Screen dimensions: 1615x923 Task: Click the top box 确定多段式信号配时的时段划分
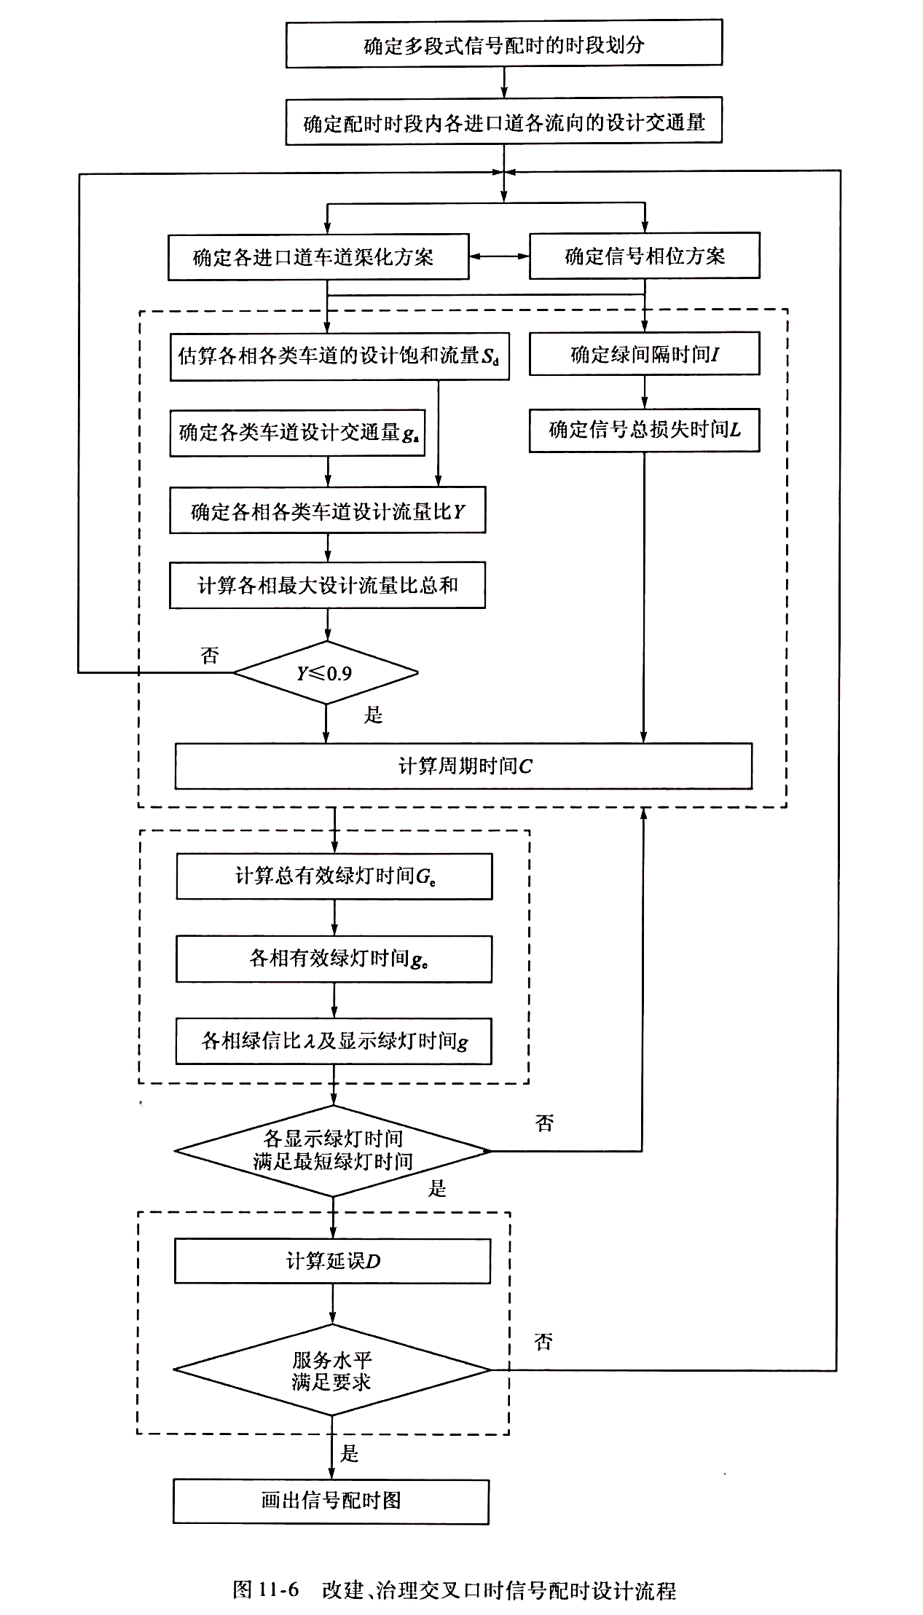503,45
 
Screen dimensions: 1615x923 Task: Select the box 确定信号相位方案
644,256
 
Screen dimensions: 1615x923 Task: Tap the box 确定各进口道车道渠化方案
318,257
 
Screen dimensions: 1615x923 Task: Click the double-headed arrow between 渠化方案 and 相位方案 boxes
499,256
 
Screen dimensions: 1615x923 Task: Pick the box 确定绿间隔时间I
644,355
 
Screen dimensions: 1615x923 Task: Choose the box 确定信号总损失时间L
644,430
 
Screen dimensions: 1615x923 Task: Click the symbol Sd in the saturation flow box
490,357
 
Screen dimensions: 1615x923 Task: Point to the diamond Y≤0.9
325,673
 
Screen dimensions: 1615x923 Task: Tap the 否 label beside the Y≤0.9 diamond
210,656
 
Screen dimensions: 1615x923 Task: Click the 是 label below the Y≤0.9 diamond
374,715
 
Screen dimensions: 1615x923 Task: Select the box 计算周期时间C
463,766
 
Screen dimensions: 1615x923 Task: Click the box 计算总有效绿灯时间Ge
334,876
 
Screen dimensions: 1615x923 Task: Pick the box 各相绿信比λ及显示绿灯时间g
334,1041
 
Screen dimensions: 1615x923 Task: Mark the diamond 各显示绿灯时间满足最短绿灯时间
333,1150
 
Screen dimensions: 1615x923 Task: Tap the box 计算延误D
332,1262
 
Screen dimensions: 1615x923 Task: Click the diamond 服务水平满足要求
331,1370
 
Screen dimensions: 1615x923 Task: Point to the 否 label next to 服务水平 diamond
543,1342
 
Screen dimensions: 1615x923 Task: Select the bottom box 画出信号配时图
331,1501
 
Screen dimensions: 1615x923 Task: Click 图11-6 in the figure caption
266,1590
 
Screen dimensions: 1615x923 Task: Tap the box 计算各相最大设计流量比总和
327,586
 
